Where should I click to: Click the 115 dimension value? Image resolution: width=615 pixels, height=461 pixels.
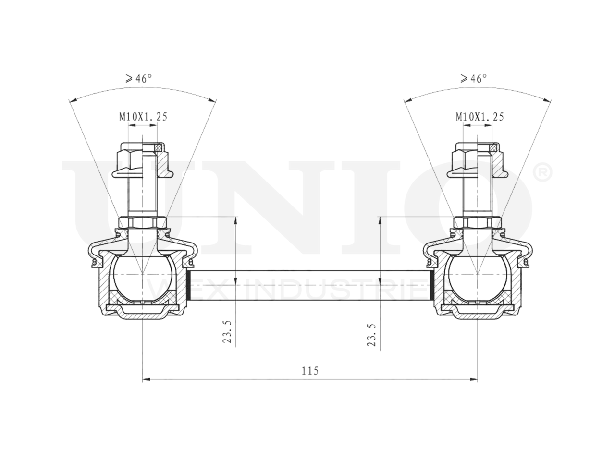tap(310, 371)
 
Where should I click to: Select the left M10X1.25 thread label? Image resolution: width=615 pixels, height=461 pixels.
tap(143, 116)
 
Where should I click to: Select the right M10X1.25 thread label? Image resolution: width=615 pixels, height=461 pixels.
tap(480, 116)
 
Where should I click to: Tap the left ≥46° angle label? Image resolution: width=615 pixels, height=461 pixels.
tap(139, 79)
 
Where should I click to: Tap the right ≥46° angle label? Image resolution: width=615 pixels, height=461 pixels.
tap(474, 79)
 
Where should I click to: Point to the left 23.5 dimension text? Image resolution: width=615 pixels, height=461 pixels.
tap(227, 332)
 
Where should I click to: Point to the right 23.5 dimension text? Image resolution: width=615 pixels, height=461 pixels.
tap(371, 335)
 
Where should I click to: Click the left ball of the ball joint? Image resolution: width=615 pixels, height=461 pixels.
tap(143, 278)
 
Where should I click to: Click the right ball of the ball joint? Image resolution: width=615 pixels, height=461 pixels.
tap(478, 278)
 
